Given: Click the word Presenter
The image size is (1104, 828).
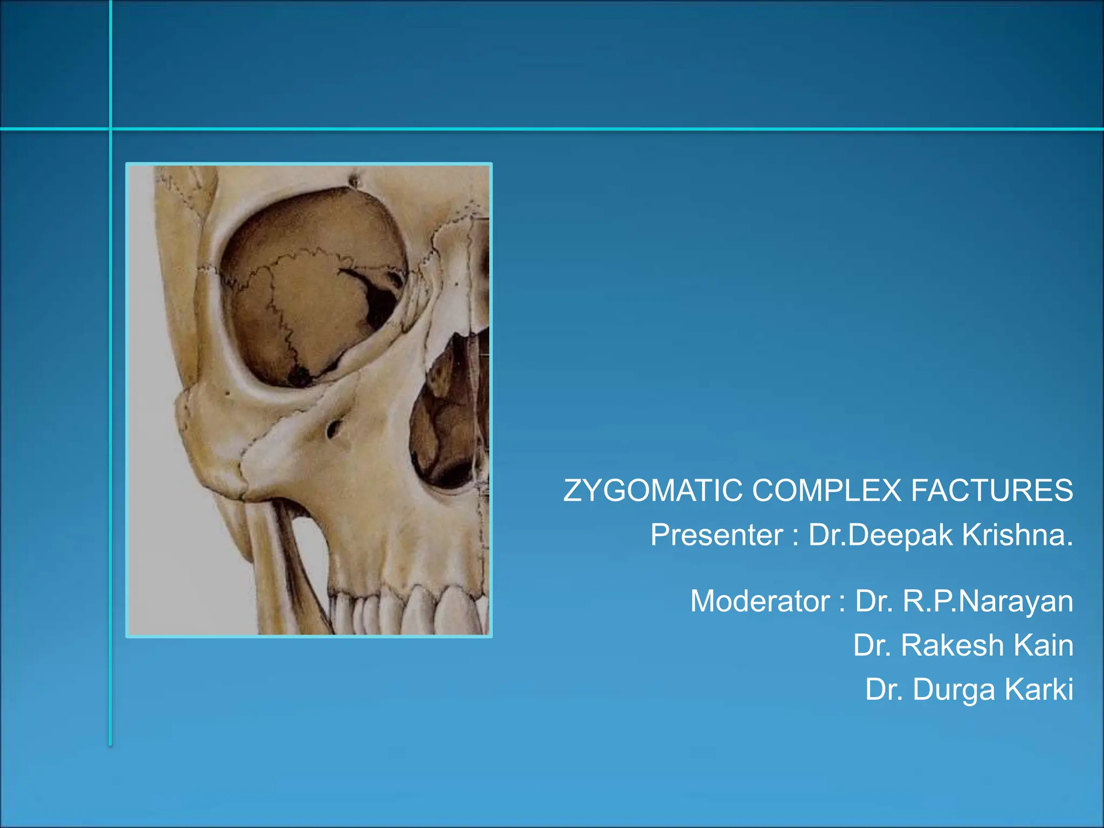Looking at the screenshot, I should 716,535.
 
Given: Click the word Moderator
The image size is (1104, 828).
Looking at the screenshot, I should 760,602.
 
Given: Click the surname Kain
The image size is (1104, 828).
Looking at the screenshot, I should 1044,646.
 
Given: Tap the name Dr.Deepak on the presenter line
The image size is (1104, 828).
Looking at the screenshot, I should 881,535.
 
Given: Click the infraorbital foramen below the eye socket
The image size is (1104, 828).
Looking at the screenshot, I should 333,429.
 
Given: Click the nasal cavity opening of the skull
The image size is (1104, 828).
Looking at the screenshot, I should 447,415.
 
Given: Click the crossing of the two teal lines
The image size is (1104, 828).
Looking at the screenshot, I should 111,129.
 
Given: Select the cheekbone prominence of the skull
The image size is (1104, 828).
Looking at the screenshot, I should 216,431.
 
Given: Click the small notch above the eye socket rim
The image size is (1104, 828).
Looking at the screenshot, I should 354,181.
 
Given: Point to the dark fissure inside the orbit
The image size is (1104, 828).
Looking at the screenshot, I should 377,296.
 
